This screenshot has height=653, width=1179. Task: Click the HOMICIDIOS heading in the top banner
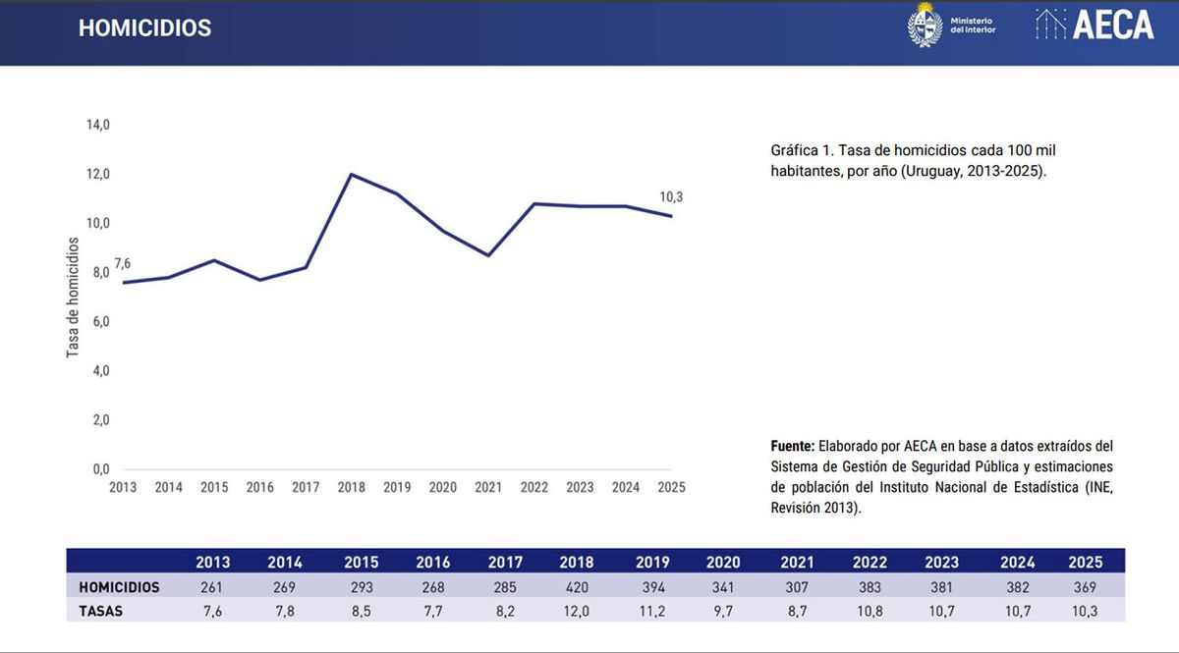pyautogui.click(x=144, y=28)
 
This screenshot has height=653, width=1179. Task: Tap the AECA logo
pyautogui.click(x=1095, y=26)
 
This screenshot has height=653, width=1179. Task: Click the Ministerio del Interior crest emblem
pyautogui.click(x=925, y=25)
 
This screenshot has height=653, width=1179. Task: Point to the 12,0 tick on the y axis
pyautogui.click(x=98, y=175)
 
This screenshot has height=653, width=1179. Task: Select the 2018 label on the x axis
pyautogui.click(x=351, y=487)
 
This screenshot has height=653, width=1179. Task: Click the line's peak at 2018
pyautogui.click(x=351, y=175)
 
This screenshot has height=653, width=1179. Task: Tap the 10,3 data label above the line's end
pyautogui.click(x=671, y=197)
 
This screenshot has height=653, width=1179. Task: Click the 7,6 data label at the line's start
pyautogui.click(x=122, y=263)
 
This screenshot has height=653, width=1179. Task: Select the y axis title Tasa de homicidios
pyautogui.click(x=74, y=295)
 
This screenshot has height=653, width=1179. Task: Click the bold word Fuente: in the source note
pyautogui.click(x=794, y=445)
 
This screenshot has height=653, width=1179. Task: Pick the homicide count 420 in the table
pyautogui.click(x=577, y=587)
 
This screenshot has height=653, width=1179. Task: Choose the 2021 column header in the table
pyautogui.click(x=797, y=563)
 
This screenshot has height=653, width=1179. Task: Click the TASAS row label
pyautogui.click(x=102, y=611)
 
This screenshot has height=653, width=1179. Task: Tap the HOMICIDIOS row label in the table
pyautogui.click(x=119, y=587)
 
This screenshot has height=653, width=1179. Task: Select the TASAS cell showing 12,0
pyautogui.click(x=577, y=611)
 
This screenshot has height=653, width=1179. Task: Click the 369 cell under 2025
pyautogui.click(x=1086, y=587)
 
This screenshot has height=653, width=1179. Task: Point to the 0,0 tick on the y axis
pyautogui.click(x=100, y=469)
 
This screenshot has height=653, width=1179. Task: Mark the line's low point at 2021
pyautogui.click(x=488, y=255)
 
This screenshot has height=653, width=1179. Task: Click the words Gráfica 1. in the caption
pyautogui.click(x=802, y=150)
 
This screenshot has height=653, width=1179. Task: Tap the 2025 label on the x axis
pyautogui.click(x=671, y=487)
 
